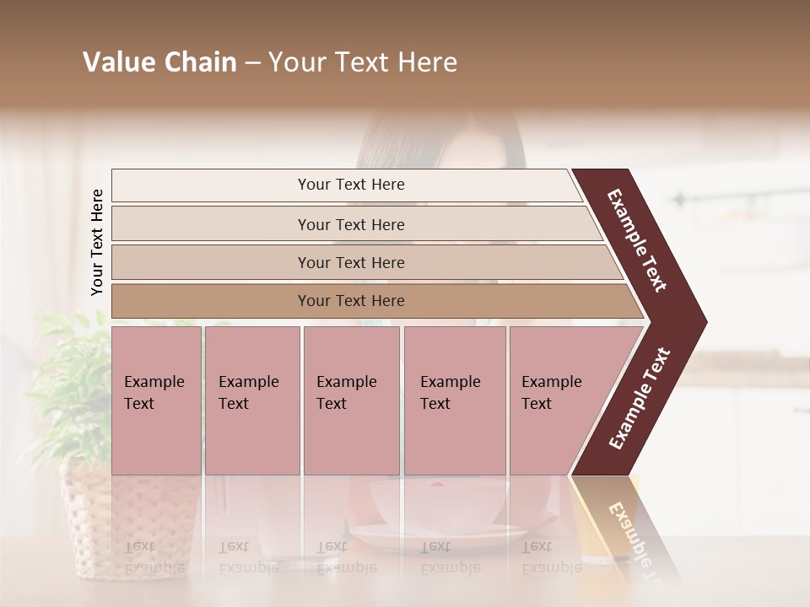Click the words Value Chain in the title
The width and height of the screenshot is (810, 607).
[159, 62]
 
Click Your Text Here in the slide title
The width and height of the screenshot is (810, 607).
[363, 62]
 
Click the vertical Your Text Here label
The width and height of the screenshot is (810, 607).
[97, 243]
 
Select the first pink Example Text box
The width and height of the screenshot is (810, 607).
[156, 400]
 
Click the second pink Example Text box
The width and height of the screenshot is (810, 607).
[251, 400]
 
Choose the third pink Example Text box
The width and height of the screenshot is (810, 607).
[351, 400]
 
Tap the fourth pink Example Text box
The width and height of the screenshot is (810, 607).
[454, 400]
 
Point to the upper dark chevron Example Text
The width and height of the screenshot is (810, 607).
[638, 240]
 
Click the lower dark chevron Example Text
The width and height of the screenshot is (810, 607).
[640, 398]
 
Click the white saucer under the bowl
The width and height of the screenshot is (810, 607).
[439, 534]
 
